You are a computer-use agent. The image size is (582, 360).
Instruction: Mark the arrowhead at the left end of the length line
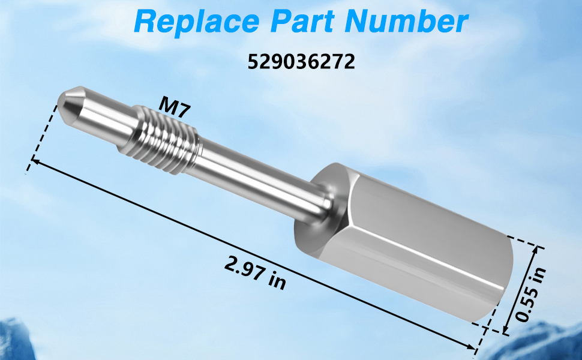pos(35,161)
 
